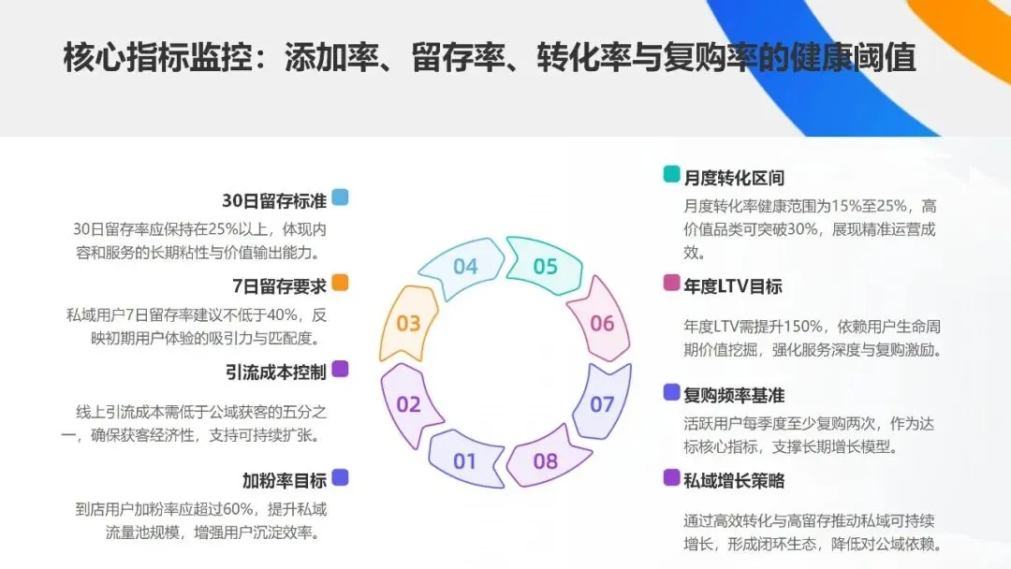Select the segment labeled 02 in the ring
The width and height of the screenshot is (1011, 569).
(x=409, y=404)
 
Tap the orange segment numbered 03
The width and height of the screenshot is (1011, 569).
(x=409, y=324)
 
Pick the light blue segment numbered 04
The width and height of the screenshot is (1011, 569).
(x=465, y=267)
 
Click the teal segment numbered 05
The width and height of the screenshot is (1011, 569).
(x=545, y=267)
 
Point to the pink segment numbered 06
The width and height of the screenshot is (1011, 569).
(x=602, y=324)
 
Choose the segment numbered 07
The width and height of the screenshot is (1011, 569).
(x=602, y=404)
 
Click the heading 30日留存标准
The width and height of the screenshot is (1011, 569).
(x=274, y=200)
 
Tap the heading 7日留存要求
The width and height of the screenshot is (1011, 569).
(x=279, y=285)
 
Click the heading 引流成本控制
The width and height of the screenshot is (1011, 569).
(x=275, y=372)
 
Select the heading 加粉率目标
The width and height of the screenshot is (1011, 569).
(x=284, y=481)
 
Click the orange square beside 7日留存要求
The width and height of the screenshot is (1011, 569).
(x=341, y=283)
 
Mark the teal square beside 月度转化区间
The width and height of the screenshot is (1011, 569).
(x=671, y=174)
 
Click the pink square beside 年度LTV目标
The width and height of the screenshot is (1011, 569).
(x=671, y=283)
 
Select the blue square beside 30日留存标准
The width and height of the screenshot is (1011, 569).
(x=341, y=197)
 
